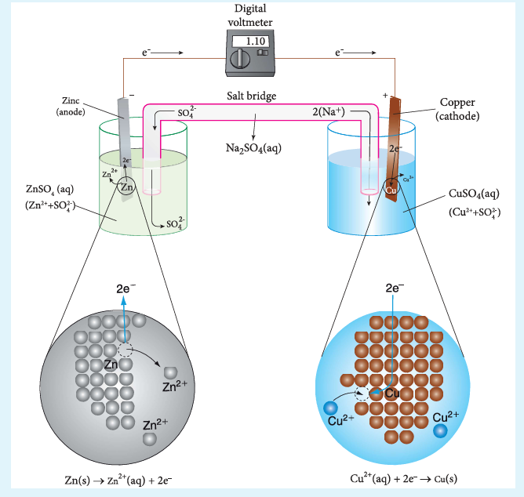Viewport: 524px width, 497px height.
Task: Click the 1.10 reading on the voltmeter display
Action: pyautogui.click(x=255, y=41)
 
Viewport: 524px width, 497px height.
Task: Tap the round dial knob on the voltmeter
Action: pyautogui.click(x=240, y=59)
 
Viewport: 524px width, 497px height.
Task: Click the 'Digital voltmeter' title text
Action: pyautogui.click(x=250, y=16)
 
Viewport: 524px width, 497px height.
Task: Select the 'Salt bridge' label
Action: pyautogui.click(x=252, y=96)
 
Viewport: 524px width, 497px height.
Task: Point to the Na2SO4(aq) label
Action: pyautogui.click(x=253, y=148)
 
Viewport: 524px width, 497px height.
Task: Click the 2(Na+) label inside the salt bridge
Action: pyautogui.click(x=329, y=111)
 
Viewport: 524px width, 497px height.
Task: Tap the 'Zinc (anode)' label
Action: pyautogui.click(x=71, y=106)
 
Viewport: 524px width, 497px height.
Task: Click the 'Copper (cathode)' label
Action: pyautogui.click(x=457, y=109)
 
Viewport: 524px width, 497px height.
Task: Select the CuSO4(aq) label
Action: pyautogui.click(x=474, y=194)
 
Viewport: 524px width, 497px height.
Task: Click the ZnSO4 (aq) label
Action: pyautogui.click(x=49, y=190)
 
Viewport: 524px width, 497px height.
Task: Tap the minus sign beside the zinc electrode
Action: pyautogui.click(x=132, y=96)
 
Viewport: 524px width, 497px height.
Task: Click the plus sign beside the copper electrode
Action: pyautogui.click(x=385, y=96)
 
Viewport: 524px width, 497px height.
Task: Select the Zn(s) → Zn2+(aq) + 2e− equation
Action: pyautogui.click(x=118, y=481)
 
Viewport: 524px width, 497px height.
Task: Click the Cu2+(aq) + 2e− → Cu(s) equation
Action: pyautogui.click(x=404, y=479)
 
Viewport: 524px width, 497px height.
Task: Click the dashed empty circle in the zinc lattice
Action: pyautogui.click(x=126, y=350)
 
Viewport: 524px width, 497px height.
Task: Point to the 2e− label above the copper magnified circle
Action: pyautogui.click(x=395, y=288)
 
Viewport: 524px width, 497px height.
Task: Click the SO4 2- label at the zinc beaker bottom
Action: pyautogui.click(x=176, y=223)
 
